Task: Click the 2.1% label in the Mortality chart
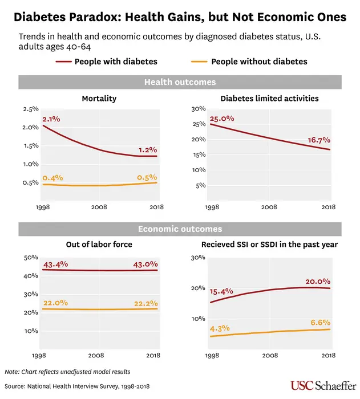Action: (x=51, y=119)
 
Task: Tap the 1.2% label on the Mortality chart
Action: (x=147, y=150)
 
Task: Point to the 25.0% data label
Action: (x=222, y=119)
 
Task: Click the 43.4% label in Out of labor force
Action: (x=55, y=265)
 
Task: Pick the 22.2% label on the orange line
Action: (x=145, y=303)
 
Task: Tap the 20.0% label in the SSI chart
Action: (x=318, y=281)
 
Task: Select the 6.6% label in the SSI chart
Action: (x=320, y=322)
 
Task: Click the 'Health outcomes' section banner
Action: (x=180, y=82)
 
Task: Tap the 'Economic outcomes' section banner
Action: (x=180, y=229)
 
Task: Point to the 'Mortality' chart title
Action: (x=99, y=99)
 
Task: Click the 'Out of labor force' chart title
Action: (x=99, y=245)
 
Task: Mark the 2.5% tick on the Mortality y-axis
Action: (x=30, y=109)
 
